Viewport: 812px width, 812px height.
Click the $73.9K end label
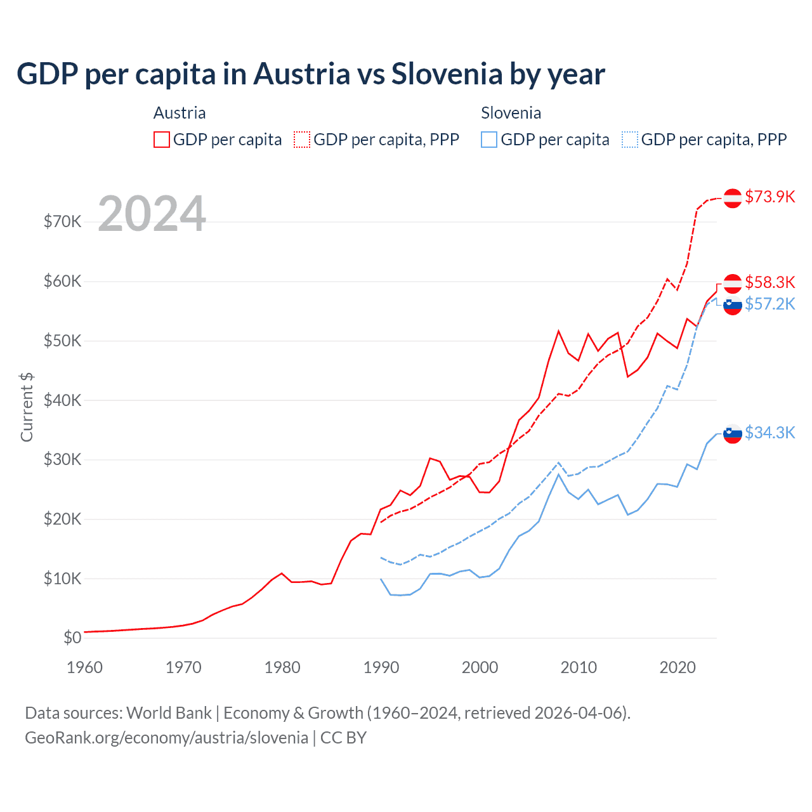coord(769,197)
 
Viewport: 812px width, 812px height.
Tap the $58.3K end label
coord(769,282)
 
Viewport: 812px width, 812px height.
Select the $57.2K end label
coord(769,304)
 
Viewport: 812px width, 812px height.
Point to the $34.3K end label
coord(769,433)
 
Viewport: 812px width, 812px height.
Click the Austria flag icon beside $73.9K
coord(733,198)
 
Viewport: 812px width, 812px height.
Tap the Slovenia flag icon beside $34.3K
coord(733,434)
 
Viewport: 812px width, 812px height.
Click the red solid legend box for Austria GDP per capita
coord(162,140)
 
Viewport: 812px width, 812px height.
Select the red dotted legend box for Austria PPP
coord(302,140)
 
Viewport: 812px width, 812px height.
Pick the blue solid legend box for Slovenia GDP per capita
coord(489,140)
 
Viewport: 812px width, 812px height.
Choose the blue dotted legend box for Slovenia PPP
coord(630,140)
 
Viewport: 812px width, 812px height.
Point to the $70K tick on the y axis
coord(62,221)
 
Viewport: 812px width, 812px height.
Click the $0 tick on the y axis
coord(72,638)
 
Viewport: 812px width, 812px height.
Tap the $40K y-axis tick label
coord(62,400)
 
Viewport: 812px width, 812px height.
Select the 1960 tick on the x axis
coord(84,667)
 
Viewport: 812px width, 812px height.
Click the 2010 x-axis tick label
coord(579,667)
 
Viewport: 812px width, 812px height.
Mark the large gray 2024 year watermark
coord(152,214)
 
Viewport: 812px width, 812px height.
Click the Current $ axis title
coord(27,407)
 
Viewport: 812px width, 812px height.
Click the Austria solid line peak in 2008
coord(558,331)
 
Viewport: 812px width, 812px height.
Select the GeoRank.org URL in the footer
coord(166,738)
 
